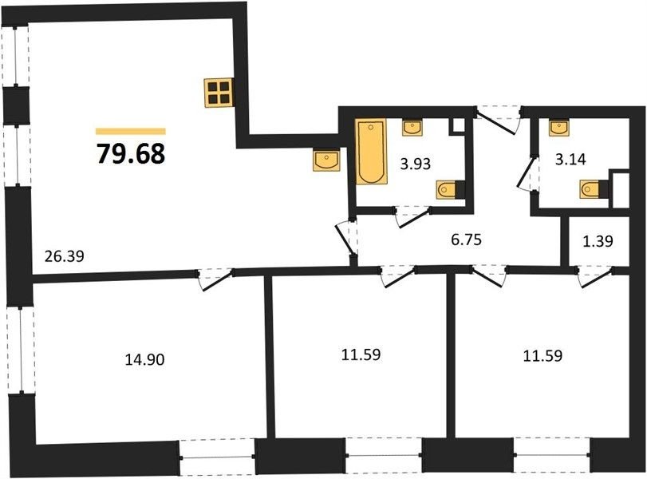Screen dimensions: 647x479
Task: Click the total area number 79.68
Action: coord(131,153)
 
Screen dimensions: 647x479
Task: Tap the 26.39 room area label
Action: coord(64,256)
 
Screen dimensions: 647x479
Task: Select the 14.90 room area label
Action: coord(145,360)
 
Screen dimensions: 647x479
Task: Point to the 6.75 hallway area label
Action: coord(466,239)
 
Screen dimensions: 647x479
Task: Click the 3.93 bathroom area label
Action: coord(416,164)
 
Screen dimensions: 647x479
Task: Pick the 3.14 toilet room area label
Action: coord(570,159)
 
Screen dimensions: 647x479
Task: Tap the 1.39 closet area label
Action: coord(598,241)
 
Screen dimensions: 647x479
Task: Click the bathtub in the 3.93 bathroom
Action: coord(371,152)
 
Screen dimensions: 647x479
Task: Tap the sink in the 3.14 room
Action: coord(558,127)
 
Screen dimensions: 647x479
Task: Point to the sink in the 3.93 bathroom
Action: coord(412,127)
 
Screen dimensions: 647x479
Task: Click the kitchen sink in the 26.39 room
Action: coord(326,160)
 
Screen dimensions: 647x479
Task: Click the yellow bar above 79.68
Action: coord(131,132)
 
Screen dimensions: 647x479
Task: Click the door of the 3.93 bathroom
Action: coord(412,217)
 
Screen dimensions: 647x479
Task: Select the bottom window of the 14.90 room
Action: coord(219,457)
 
